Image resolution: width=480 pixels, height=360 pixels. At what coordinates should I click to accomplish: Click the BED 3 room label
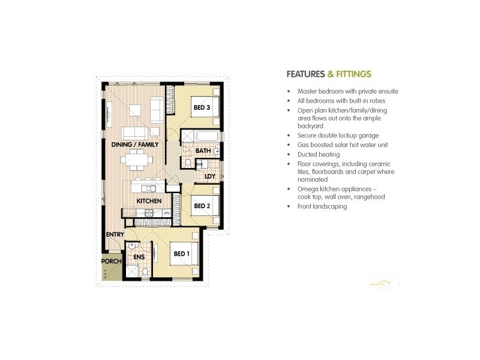click(x=201, y=108)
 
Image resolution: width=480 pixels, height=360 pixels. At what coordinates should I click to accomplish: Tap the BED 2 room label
click(x=201, y=205)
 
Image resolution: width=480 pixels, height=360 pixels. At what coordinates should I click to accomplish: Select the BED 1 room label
click(x=181, y=254)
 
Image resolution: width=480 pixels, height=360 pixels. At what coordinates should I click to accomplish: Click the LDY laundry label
click(x=210, y=176)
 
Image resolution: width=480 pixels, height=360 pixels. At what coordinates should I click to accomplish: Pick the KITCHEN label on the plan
click(x=148, y=200)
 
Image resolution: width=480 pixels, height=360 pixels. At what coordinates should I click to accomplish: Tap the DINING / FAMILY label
click(x=135, y=145)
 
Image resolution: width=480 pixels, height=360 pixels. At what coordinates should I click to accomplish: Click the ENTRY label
click(x=115, y=234)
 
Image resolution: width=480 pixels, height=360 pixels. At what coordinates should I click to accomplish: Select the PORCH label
click(x=112, y=262)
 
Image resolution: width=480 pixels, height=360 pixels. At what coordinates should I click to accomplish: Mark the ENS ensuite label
click(x=139, y=257)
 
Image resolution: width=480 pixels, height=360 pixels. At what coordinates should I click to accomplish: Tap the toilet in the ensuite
click(x=145, y=272)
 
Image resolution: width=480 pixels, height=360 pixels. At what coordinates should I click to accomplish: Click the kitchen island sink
click(x=149, y=188)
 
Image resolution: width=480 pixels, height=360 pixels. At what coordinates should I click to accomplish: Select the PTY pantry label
click(x=166, y=212)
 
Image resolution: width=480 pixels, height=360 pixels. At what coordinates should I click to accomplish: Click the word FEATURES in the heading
click(x=305, y=74)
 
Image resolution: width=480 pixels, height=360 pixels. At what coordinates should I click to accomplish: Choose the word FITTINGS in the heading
click(x=353, y=74)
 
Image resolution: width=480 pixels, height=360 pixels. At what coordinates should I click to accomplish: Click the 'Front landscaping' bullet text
click(x=322, y=206)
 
